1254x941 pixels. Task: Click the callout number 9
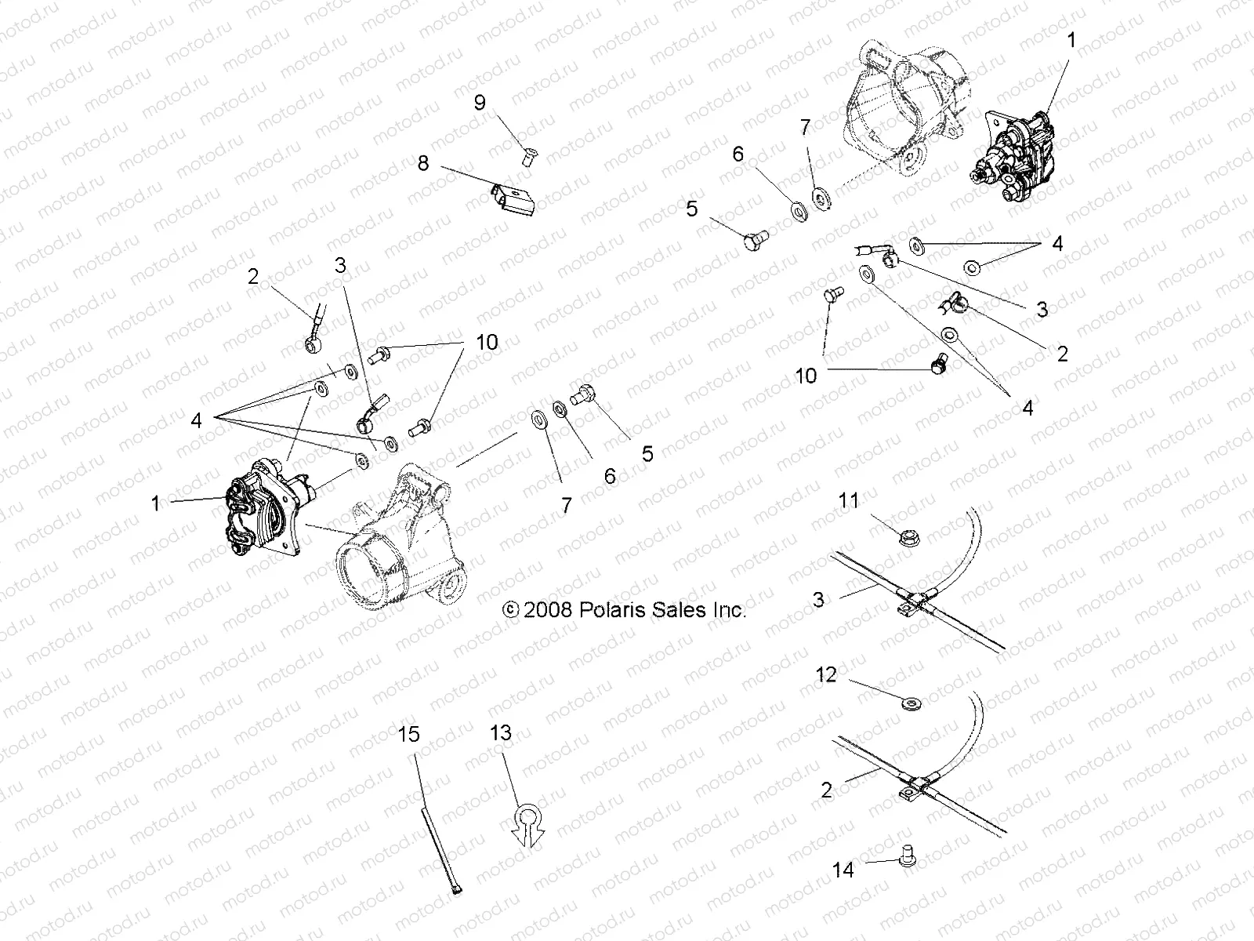[x=480, y=102]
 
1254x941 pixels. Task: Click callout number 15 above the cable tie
[x=409, y=735]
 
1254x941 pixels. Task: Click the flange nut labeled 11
[x=908, y=537]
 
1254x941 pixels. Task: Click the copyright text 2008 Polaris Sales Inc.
[x=624, y=609]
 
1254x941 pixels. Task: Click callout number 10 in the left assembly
[x=486, y=343]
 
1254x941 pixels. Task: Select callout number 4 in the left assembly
[x=196, y=421]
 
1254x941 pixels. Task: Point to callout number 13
[x=501, y=733]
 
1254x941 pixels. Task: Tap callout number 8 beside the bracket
[x=423, y=164]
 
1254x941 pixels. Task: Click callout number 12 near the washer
[x=826, y=675]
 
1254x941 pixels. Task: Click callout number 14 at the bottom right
[x=843, y=870]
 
